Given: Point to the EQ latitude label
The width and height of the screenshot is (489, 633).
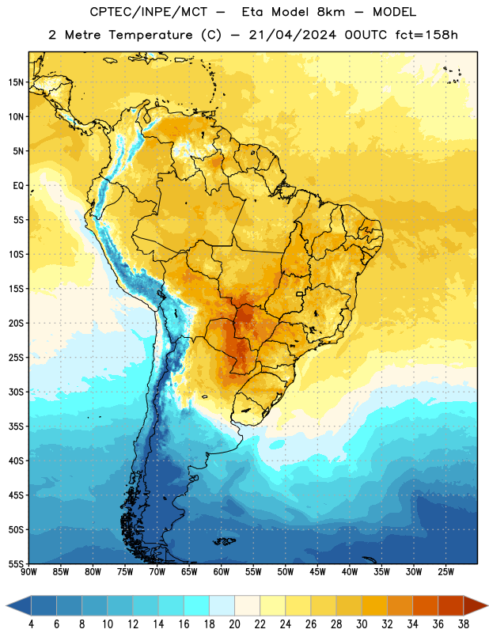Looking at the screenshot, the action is pos(18,186).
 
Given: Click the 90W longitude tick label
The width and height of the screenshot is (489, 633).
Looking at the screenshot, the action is pos(28,571).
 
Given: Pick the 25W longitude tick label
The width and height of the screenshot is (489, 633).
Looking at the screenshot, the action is pos(445,571).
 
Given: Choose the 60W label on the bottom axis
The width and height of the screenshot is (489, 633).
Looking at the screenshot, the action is pos(222,571).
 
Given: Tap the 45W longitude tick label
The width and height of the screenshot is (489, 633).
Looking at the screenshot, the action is pos(317,571).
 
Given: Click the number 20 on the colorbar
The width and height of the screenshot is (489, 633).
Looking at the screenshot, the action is pos(234,624).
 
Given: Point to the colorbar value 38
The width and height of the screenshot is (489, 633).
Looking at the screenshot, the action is pos(463,624).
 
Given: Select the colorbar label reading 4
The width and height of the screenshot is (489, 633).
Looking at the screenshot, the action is pos(31,624).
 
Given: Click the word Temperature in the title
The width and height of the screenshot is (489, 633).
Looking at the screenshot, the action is pos(150,35).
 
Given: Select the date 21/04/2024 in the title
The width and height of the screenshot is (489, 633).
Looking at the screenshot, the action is pos(292,35).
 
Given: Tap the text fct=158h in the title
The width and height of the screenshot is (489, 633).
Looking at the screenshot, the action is pos(426,35).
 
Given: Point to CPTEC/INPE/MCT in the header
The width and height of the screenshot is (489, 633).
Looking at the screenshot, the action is pos(148,12).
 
